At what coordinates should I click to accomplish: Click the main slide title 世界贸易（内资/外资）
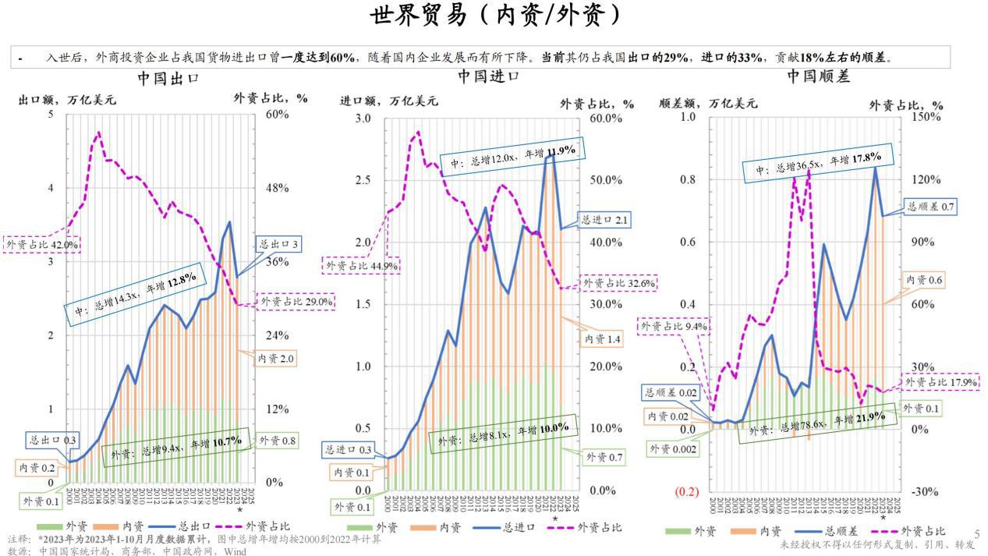494,15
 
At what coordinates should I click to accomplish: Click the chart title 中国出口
168,79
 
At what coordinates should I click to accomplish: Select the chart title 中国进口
488,76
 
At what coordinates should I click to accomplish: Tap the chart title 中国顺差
818,76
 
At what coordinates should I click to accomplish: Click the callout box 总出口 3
278,244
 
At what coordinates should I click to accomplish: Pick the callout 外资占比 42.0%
43,244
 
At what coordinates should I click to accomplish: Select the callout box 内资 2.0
276,359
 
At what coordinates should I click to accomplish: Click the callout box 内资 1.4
603,339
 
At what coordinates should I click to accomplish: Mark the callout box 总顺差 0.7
931,207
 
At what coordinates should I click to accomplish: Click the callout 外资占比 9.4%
675,327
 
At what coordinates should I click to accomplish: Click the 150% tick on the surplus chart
928,116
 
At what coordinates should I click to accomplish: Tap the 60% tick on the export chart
274,114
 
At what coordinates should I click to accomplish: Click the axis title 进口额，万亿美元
389,101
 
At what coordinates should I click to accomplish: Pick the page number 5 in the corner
976,533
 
